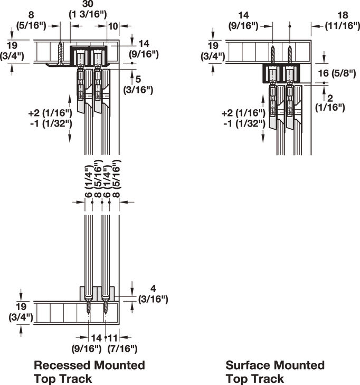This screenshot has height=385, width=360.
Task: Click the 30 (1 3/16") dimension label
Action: click(x=88, y=9)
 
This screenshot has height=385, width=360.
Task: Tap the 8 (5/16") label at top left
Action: click(x=31, y=20)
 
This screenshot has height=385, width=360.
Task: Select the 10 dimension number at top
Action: click(x=113, y=26)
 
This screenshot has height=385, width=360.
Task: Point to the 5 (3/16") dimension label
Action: click(x=138, y=84)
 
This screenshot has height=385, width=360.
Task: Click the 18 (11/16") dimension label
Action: click(x=343, y=20)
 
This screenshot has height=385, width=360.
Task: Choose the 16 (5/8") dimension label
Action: click(x=337, y=73)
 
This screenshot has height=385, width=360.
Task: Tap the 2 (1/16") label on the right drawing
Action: click(x=330, y=103)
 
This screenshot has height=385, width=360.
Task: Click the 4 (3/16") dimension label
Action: click(x=153, y=294)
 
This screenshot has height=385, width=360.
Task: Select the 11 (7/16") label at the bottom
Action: click(x=122, y=343)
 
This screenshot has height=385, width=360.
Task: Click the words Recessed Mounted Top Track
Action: click(x=89, y=372)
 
